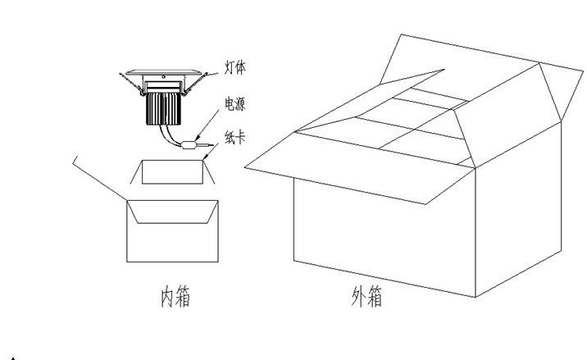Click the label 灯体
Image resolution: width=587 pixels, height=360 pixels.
point(235,68)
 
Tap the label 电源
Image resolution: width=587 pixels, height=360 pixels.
point(235,104)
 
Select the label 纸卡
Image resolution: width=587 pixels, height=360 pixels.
point(235,137)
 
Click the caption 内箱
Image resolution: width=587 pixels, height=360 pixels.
point(175,297)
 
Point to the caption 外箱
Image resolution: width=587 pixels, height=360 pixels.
point(367,297)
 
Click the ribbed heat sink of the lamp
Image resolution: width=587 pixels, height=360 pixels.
point(164,108)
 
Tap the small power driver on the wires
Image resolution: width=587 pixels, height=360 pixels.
point(189,145)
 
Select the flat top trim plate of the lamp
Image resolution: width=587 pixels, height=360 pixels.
point(164,72)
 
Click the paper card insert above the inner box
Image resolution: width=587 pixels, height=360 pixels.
point(173,172)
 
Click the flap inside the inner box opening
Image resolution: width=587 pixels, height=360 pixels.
point(173,212)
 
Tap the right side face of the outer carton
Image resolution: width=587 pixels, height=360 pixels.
point(518,210)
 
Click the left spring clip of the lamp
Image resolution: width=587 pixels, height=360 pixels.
point(131,83)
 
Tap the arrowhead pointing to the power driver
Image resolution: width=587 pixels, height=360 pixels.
point(198,138)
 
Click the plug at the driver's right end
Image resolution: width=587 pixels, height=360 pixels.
point(206,144)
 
